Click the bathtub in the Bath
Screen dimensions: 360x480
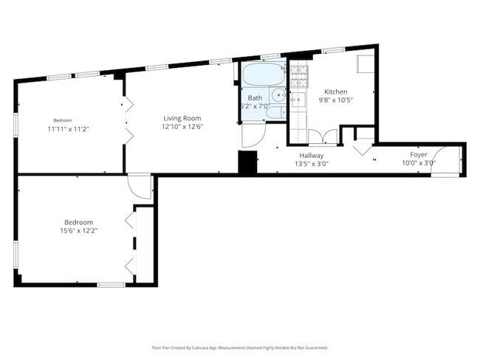(x=262, y=75)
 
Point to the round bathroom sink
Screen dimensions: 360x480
(x=276, y=94)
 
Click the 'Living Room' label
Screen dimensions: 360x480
(x=182, y=118)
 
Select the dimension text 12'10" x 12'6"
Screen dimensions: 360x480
(x=182, y=127)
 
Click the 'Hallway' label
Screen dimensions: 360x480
(x=311, y=156)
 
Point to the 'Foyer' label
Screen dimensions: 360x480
(x=419, y=155)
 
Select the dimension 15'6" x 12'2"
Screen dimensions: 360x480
(x=79, y=231)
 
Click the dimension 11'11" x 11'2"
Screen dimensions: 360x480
(x=68, y=128)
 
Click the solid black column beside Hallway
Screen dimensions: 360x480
(x=247, y=162)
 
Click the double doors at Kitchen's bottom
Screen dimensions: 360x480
(x=323, y=136)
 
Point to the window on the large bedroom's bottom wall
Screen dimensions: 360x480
(x=111, y=285)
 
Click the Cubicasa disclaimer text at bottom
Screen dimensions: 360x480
(x=239, y=347)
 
